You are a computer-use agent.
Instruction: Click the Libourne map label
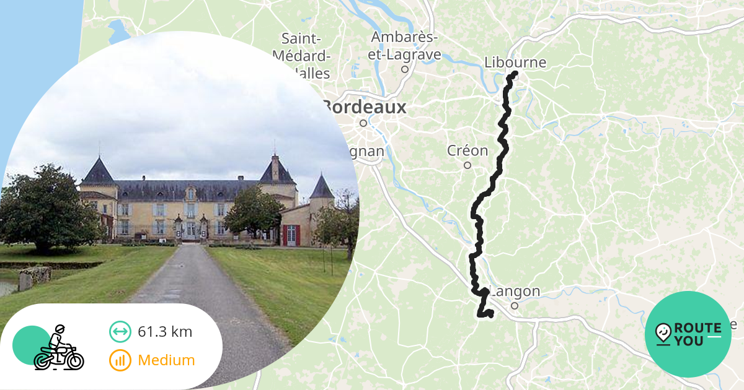pos(515,63)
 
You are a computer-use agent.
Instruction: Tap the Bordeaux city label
pos(365,107)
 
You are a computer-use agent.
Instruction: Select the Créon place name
pos(467,150)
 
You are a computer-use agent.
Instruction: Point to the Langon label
pos(515,292)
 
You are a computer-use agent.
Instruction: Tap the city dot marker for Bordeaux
pos(363,123)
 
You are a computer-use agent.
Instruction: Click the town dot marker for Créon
pos(467,165)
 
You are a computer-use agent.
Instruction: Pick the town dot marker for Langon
pos(514,305)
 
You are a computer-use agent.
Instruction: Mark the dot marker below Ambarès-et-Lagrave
pos(405,69)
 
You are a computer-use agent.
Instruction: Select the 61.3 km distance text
pos(165,332)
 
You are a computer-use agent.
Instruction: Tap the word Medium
pos(166,360)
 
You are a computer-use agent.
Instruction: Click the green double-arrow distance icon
pos(120,332)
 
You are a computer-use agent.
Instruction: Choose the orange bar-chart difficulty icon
pos(120,360)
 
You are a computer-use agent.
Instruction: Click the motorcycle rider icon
pos(58,348)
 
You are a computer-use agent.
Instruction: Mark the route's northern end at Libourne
pos(514,75)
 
